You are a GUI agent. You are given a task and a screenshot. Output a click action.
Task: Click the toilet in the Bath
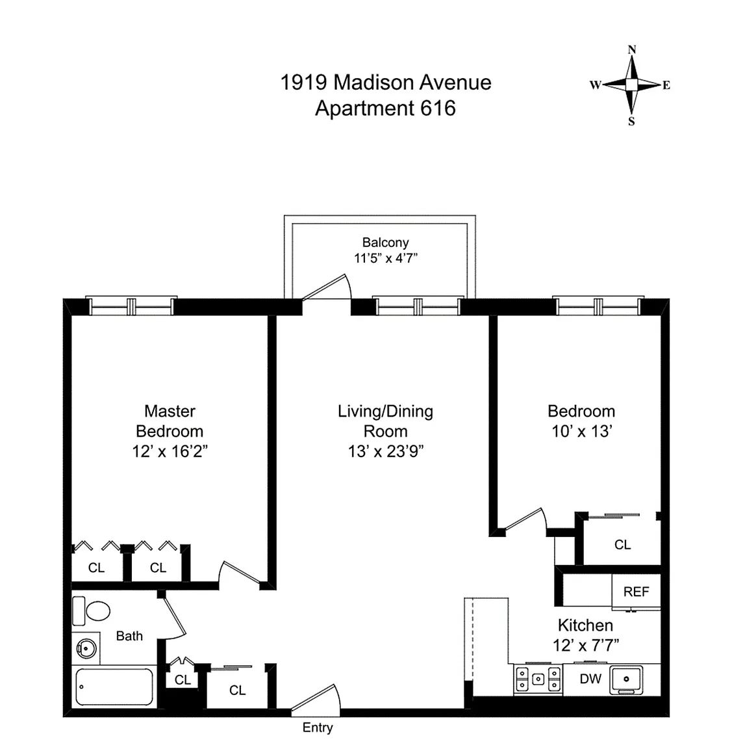93,611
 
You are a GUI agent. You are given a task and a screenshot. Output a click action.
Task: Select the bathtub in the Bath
114,687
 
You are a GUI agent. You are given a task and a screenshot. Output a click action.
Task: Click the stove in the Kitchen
538,679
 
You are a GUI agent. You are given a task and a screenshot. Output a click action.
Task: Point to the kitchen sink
626,679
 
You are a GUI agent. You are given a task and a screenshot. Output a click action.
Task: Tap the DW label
590,679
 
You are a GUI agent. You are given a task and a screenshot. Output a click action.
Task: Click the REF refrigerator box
636,592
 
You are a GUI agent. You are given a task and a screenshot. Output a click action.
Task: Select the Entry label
318,728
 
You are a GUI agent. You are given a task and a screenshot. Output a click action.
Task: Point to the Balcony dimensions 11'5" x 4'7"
385,258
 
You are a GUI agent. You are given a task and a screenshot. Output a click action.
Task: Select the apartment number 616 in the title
438,108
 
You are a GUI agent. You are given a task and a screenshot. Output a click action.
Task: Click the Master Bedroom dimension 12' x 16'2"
170,451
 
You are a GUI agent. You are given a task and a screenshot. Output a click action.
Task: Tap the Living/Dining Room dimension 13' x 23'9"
386,451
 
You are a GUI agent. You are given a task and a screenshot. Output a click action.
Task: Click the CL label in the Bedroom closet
622,545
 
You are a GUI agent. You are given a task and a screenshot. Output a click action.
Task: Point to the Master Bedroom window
132,306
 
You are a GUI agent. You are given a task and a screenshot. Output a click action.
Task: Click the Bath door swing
174,618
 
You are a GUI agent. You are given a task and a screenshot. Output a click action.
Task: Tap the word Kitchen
585,625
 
